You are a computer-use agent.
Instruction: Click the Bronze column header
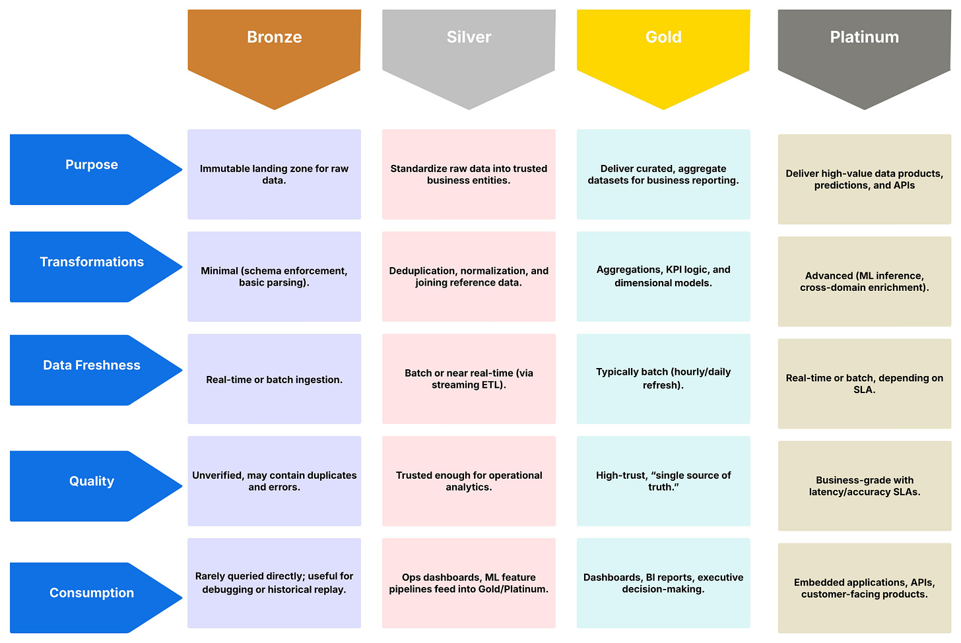pyautogui.click(x=274, y=46)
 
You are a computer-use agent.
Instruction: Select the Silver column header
pyautogui.click(x=469, y=46)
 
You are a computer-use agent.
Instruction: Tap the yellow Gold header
pyautogui.click(x=663, y=46)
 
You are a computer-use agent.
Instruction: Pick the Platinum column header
pyautogui.click(x=864, y=46)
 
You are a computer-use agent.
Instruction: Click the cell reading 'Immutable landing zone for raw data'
pyautogui.click(x=274, y=174)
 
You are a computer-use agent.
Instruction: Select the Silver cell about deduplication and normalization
pyautogui.click(x=469, y=276)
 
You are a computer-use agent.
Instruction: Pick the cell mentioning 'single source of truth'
pyautogui.click(x=663, y=481)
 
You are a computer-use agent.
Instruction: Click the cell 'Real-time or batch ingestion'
pyautogui.click(x=274, y=379)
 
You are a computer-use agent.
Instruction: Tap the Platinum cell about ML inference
pyautogui.click(x=864, y=282)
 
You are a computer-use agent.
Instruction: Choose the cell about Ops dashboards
pyautogui.click(x=469, y=583)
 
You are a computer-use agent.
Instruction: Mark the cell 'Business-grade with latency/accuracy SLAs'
pyautogui.click(x=864, y=486)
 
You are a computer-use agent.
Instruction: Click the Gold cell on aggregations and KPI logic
pyautogui.click(x=663, y=276)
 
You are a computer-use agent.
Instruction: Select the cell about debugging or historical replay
pyautogui.click(x=274, y=583)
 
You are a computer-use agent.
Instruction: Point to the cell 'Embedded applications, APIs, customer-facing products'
pyautogui.click(x=864, y=588)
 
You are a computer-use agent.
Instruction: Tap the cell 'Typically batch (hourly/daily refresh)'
pyautogui.click(x=663, y=379)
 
